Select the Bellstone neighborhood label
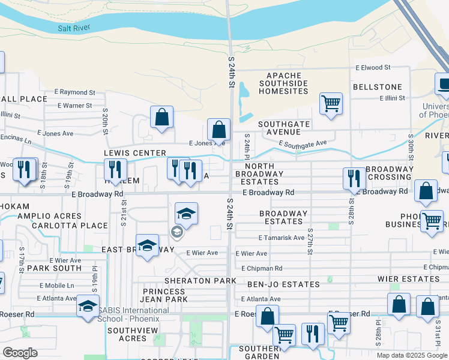point(377,87)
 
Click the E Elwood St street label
point(373,68)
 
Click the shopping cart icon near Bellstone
point(331,104)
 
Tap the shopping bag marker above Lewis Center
point(161,117)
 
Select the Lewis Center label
point(135,153)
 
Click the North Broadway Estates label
point(259,174)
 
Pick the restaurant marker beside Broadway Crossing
point(354,178)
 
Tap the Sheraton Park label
point(196,281)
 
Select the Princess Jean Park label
point(164,296)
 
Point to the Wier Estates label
point(409,279)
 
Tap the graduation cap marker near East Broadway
point(147,245)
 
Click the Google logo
point(20,353)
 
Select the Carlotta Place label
point(70,226)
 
